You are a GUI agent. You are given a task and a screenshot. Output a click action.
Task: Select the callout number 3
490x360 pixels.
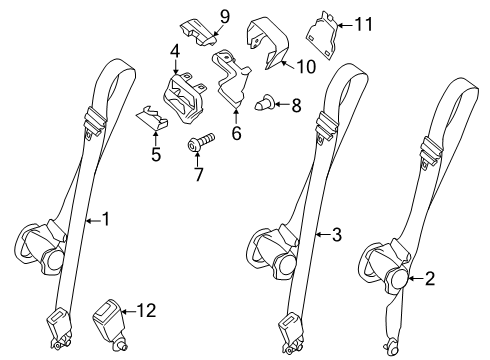(x=337, y=235)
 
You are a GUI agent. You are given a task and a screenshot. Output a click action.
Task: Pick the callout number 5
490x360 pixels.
(x=155, y=154)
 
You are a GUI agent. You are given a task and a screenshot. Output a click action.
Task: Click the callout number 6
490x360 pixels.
(x=237, y=131)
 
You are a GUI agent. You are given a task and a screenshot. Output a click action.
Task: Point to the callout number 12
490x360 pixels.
(x=146, y=311)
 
